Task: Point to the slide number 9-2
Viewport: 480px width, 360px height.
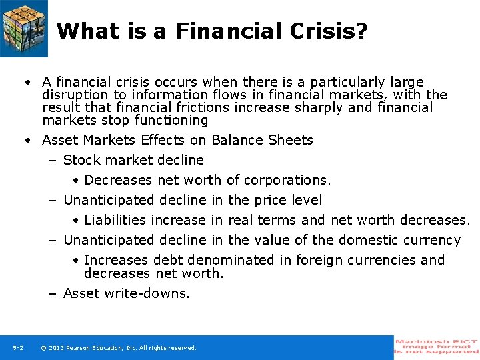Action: point(18,348)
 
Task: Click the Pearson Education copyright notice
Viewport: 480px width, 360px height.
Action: point(119,348)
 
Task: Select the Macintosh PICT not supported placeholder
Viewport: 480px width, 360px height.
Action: point(437,347)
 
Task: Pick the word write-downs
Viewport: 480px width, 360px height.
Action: point(148,293)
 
